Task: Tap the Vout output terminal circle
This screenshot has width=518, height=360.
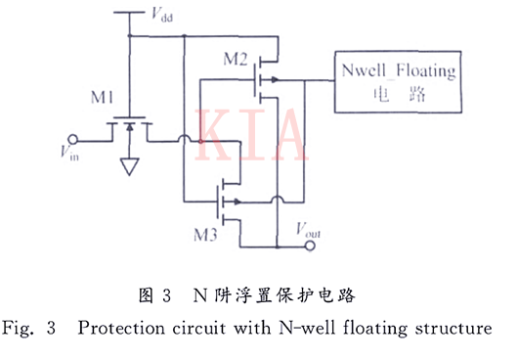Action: [312, 246]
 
